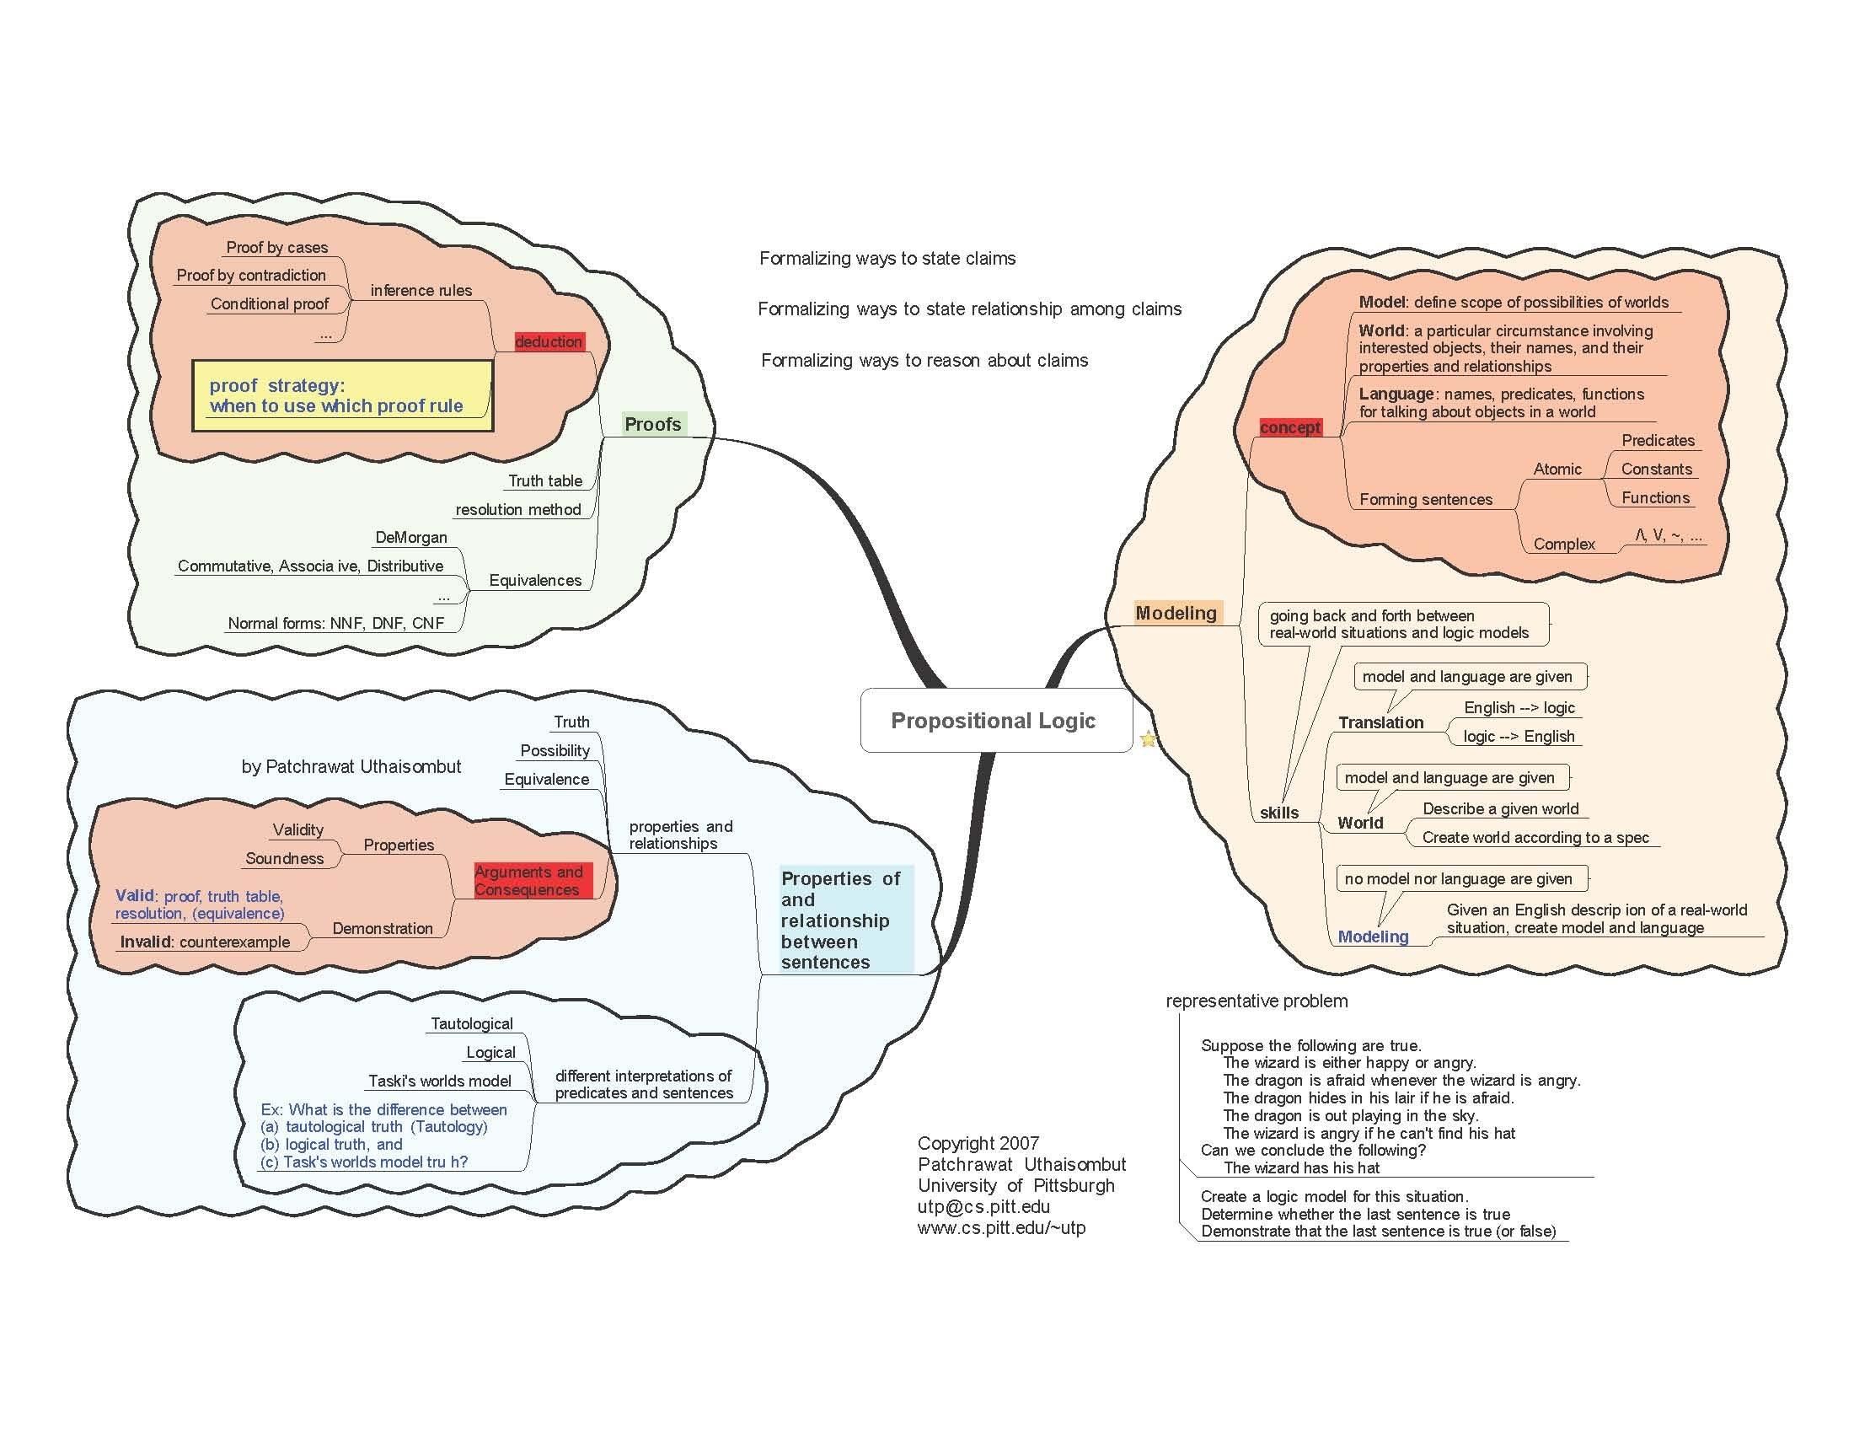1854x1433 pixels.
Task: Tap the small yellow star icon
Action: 1148,738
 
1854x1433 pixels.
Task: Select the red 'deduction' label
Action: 549,341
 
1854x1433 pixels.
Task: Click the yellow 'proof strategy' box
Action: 342,395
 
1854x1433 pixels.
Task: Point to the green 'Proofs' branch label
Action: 653,424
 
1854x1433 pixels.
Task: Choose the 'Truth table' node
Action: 545,480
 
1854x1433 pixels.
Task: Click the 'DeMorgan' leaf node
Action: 411,538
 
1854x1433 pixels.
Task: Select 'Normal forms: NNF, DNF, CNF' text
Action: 336,623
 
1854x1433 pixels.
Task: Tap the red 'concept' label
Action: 1289,427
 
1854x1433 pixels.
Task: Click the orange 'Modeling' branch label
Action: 1176,613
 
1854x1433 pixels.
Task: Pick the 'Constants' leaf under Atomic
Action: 1655,469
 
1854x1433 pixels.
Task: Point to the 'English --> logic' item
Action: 1519,707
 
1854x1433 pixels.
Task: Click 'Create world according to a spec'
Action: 1535,837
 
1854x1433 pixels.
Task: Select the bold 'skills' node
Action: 1278,813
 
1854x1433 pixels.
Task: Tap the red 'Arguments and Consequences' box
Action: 529,880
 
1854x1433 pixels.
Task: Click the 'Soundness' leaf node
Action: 284,858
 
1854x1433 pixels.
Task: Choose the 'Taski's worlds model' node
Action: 440,1081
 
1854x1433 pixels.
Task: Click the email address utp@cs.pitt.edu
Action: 983,1206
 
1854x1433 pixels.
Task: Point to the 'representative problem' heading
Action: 1257,1001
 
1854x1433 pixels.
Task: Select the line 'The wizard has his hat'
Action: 1301,1167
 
